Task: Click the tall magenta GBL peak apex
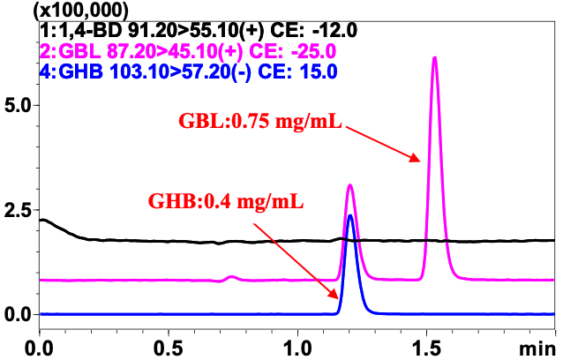434,58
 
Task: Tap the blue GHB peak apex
350,215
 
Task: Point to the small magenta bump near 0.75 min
232,277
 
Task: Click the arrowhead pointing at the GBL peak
416,159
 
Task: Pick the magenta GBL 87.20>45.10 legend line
128,49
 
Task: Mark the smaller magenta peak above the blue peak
350,185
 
